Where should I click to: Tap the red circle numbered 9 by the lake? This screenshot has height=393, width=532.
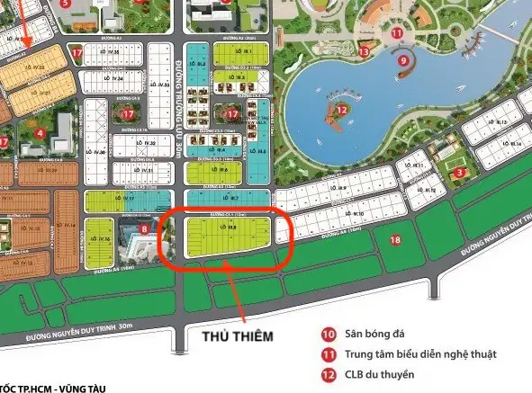pos(403,60)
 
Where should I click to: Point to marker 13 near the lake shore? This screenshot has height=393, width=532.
pos(364,52)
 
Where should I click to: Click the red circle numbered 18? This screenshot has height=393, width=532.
pos(395,239)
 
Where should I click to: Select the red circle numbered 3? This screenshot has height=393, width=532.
pos(459,173)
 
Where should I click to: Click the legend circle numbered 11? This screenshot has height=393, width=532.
pos(329,354)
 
